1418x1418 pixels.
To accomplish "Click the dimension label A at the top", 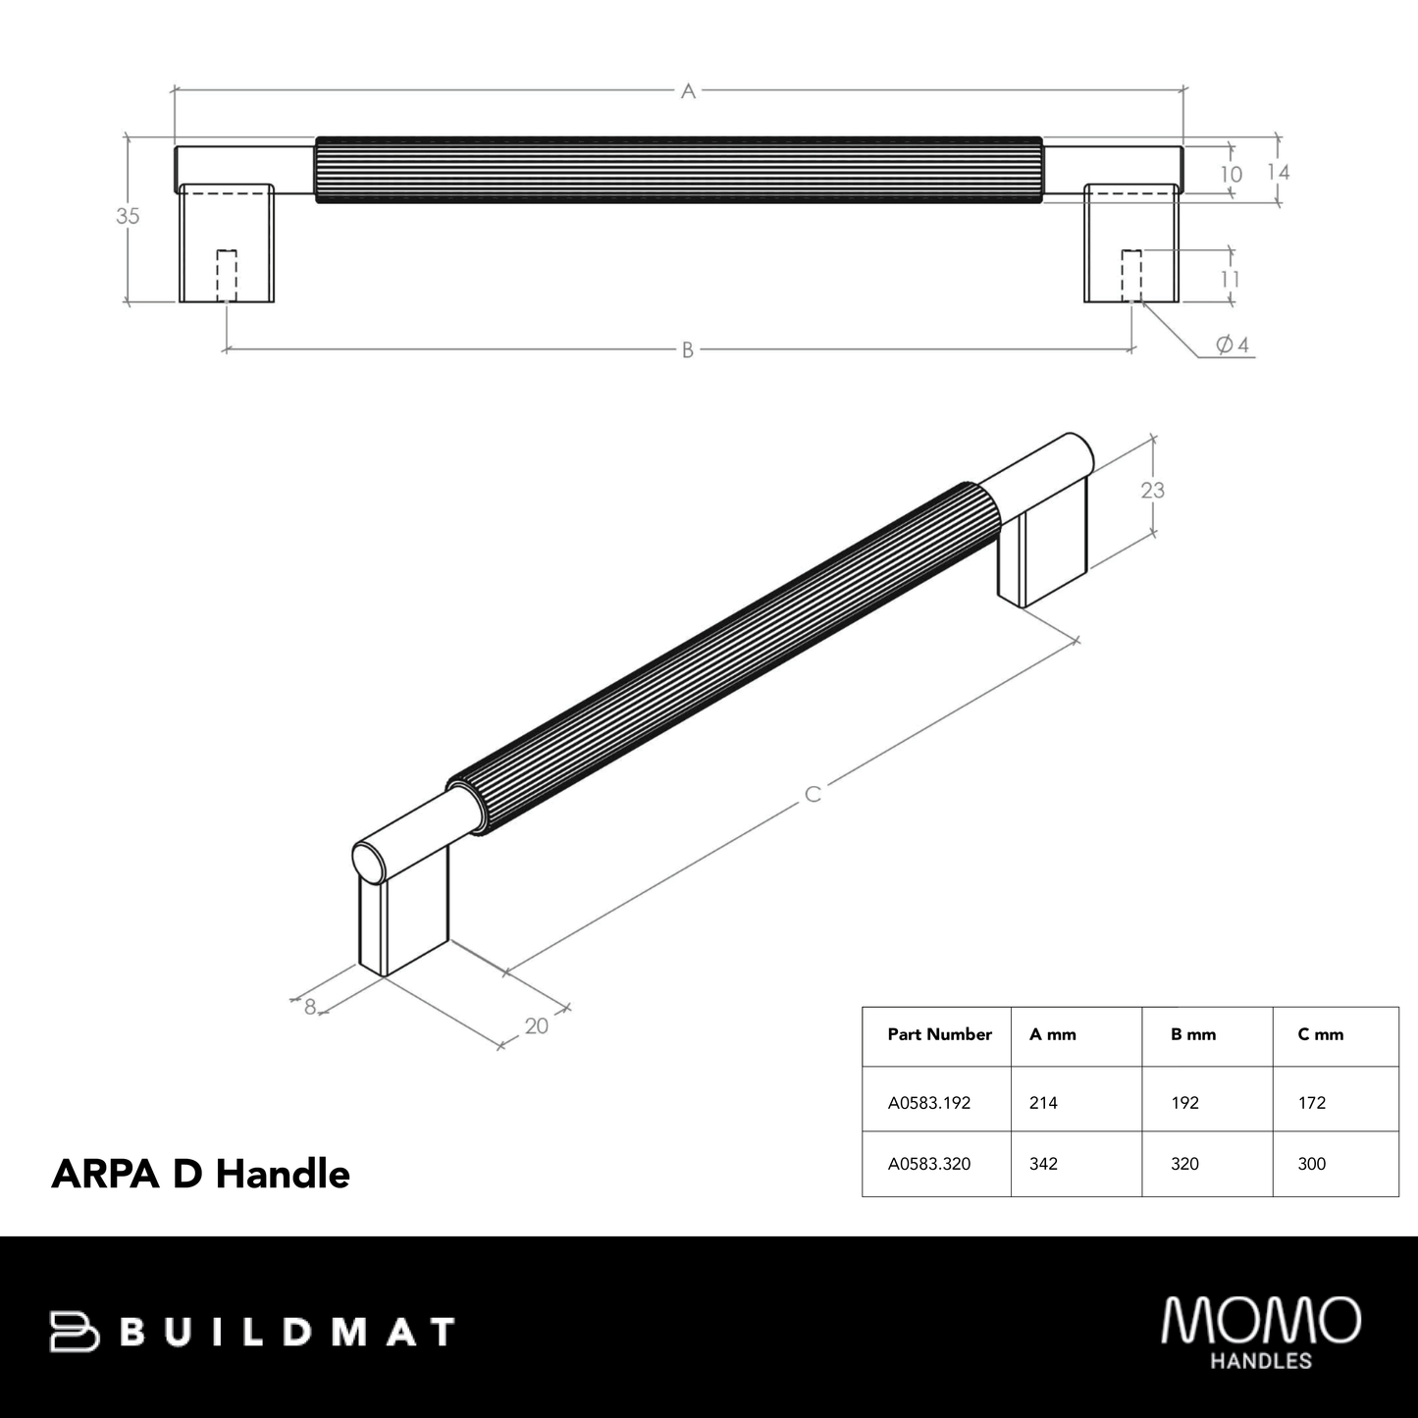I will click(688, 91).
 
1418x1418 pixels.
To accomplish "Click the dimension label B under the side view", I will click(688, 350).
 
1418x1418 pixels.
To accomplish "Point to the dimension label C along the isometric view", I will click(813, 794).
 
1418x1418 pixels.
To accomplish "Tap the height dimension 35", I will click(128, 217).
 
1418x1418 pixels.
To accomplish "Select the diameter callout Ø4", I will click(1232, 345).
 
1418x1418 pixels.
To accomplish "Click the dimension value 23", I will click(1152, 490).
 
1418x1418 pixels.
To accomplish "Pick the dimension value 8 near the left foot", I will click(310, 1007).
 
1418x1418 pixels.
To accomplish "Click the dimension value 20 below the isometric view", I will click(536, 1026).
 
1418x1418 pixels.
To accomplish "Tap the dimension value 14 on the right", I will click(1278, 173).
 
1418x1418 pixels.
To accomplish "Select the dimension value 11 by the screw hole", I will click(1230, 279).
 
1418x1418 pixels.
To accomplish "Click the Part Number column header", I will click(939, 1034).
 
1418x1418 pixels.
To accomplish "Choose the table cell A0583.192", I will click(928, 1103).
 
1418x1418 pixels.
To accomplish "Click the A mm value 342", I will click(1043, 1164).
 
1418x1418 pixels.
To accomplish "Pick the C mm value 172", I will click(1311, 1103).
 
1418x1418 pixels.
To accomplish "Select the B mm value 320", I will click(1184, 1164).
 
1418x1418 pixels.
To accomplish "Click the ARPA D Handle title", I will click(200, 1174).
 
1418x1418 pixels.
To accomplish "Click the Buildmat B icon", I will click(75, 1332).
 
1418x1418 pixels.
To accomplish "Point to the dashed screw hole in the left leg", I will click(227, 276).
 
